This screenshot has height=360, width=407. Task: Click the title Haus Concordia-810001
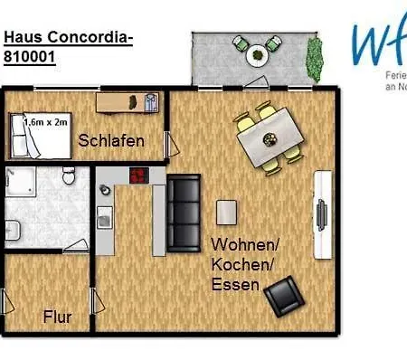pos(68,46)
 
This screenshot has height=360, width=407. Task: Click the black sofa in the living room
pos(185,213)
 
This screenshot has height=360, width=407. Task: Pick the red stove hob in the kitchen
pos(140,176)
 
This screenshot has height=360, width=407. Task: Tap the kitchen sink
pos(104,217)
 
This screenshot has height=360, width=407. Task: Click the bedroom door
pos(167,143)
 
